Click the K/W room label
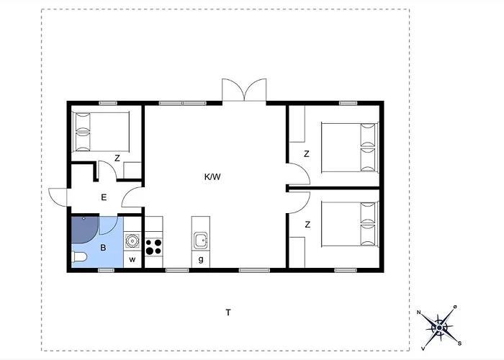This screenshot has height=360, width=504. pos(212,177)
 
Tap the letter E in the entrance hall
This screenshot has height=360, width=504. pos(104,197)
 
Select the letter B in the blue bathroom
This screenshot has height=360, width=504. pos(103,248)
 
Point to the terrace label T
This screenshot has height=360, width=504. pos(228,312)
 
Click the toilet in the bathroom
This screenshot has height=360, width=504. pos(79,257)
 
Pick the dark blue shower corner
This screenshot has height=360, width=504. pos(84,230)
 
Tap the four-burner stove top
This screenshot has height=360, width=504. pos(153,247)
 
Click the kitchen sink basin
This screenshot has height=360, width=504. pos(201,240)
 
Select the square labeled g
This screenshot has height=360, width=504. pos(201,259)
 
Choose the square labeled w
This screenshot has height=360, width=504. pos(132,259)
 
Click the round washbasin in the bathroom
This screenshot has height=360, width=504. pos(132,240)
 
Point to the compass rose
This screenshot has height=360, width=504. pos(439,328)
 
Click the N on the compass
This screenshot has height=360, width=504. pos(419,312)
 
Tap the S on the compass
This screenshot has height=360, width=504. pos(459,343)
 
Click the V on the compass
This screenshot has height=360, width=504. pos(423,348)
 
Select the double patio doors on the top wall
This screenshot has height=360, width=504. pos(244,90)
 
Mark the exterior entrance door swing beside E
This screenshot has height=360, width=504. pos(58,197)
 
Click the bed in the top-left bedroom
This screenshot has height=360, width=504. pos(101,132)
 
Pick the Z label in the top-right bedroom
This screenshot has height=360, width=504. pos(307,154)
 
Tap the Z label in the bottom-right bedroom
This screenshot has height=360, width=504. pos(307,225)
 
